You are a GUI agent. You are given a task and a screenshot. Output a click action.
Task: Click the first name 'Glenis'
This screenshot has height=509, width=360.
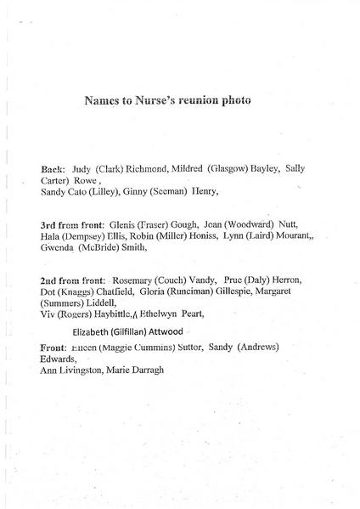[x=134, y=225]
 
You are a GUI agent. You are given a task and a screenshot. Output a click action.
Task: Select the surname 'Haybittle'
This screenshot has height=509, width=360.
[x=110, y=314]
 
